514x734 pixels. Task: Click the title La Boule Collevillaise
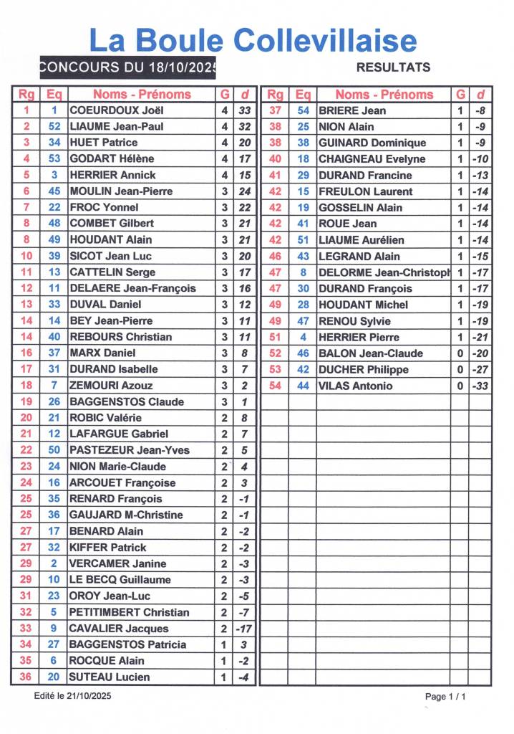pyautogui.click(x=253, y=40)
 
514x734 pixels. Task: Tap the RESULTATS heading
pyautogui.click(x=393, y=67)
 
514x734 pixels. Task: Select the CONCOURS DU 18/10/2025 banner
pyautogui.click(x=128, y=67)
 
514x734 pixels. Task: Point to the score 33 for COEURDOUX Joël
pyautogui.click(x=245, y=110)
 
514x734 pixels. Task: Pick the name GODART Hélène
pyautogui.click(x=112, y=158)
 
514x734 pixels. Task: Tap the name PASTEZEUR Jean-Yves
pyautogui.click(x=129, y=450)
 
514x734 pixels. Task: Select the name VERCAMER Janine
pyautogui.click(x=117, y=563)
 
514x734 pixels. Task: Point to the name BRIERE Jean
pyautogui.click(x=352, y=110)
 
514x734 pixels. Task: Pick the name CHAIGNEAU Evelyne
pyautogui.click(x=372, y=158)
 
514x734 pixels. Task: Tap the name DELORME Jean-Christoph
pyautogui.click(x=384, y=272)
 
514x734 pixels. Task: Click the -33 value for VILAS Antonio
pyautogui.click(x=480, y=386)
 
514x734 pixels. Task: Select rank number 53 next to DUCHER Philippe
pyautogui.click(x=275, y=369)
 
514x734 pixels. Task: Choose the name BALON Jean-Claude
pyautogui.click(x=371, y=353)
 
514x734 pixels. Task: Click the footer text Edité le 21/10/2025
pyautogui.click(x=73, y=696)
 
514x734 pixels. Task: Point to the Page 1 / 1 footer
pyautogui.click(x=445, y=696)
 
